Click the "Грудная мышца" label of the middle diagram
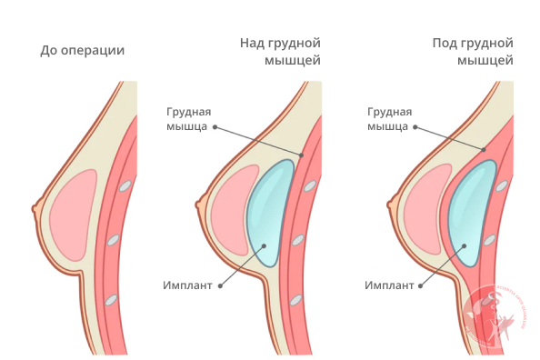[x=188, y=119]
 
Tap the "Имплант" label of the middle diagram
[x=188, y=285]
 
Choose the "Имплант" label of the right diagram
[x=390, y=285]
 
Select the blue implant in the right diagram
[x=471, y=211]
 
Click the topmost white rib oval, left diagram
[x=125, y=185]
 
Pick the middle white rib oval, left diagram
[x=113, y=241]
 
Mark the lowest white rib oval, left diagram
[x=110, y=299]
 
